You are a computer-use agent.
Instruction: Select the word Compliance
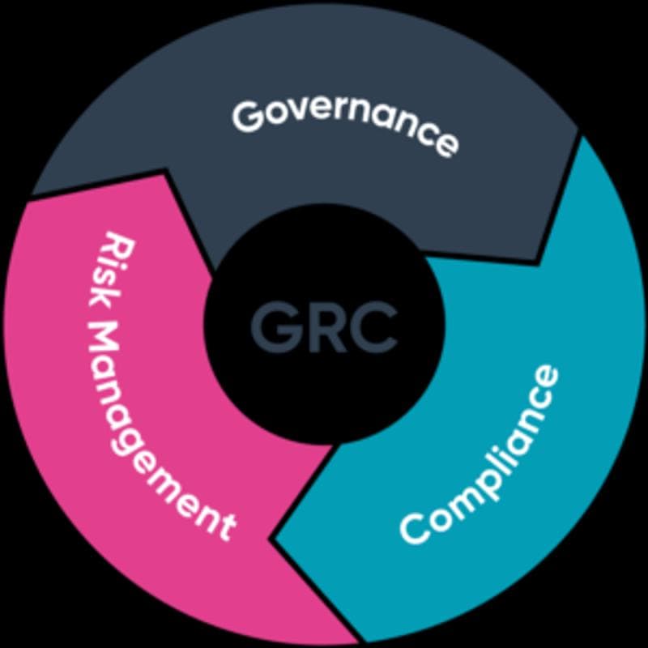(x=480, y=454)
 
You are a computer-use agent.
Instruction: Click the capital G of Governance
(x=247, y=116)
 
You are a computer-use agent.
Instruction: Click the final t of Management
(x=225, y=529)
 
